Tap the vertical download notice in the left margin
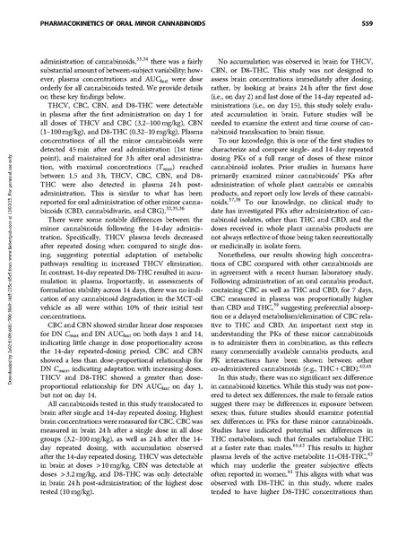click(x=7, y=269)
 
